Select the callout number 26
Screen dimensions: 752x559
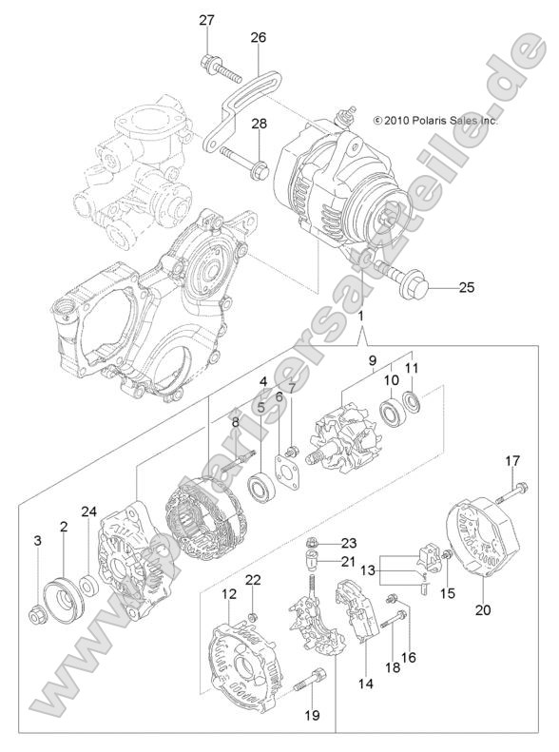(259, 38)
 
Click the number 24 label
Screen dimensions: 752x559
(88, 512)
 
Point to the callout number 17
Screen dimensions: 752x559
(512, 461)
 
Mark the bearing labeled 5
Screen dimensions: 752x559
(260, 491)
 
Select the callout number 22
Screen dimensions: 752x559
(253, 581)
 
